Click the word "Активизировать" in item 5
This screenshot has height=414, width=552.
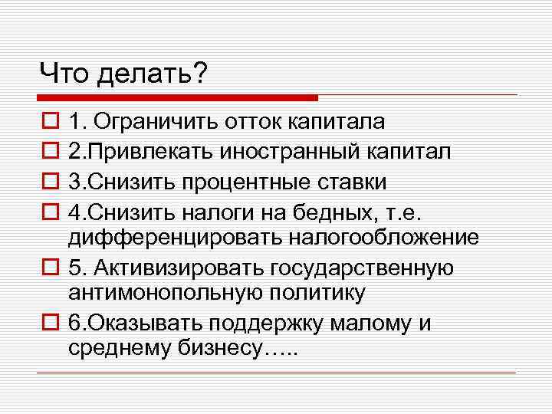(x=183, y=268)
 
